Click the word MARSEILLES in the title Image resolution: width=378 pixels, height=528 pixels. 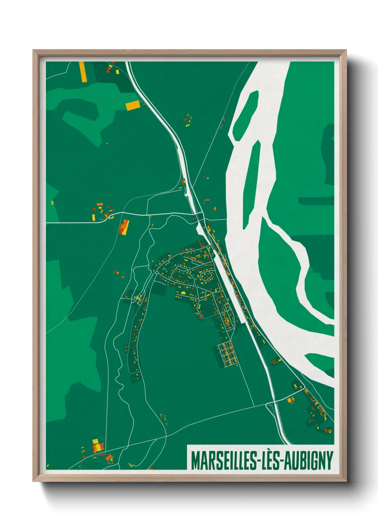[224, 460]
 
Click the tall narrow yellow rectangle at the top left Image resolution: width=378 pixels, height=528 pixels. [82, 72]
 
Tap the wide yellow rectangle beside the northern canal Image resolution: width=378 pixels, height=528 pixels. [132, 105]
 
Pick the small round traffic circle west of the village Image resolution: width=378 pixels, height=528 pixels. [157, 273]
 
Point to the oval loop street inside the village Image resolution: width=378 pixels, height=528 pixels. [206, 276]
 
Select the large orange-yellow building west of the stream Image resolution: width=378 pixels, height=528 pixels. [124, 227]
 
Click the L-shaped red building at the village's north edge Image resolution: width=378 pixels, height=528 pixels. [201, 244]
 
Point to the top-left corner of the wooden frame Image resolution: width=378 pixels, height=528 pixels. [34, 50]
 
